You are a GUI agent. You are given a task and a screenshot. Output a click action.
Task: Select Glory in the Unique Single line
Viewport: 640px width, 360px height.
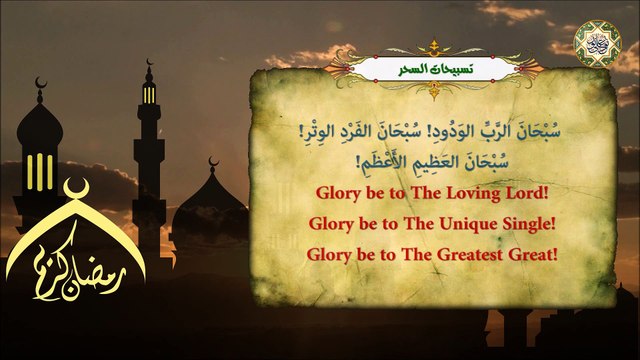tap(333, 223)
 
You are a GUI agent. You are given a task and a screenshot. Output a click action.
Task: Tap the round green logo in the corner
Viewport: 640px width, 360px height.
tap(598, 42)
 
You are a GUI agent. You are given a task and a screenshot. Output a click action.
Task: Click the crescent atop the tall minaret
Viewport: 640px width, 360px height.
tap(149, 67)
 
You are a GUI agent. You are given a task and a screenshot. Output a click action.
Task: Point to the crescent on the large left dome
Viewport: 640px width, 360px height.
tap(41, 83)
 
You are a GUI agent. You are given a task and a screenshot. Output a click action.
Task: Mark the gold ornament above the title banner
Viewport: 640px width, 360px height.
tap(432, 46)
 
